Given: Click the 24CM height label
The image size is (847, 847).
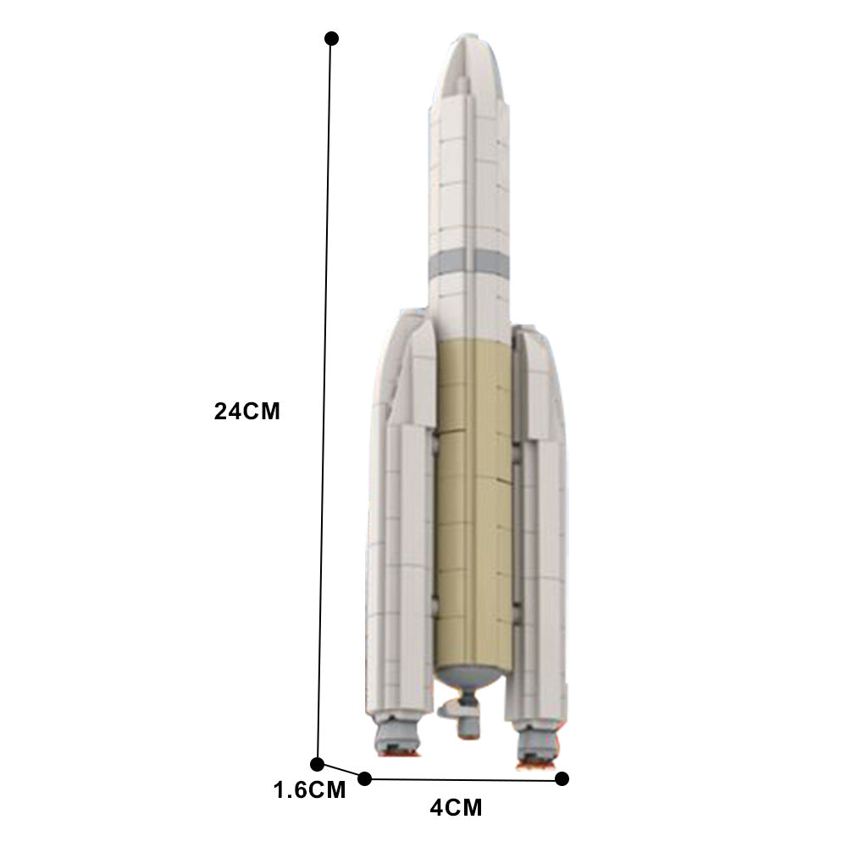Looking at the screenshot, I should [x=246, y=412].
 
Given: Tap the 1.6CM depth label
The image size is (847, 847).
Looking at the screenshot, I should [x=309, y=790].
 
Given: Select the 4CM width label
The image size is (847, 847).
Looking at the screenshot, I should [x=456, y=807].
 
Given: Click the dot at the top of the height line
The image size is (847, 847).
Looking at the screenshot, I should [x=332, y=38].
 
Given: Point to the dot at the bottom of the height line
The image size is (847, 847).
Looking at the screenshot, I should [x=318, y=764].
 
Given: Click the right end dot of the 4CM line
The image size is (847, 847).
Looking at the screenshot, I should [x=562, y=778].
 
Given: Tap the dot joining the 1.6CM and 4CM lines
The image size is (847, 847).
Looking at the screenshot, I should [x=365, y=778].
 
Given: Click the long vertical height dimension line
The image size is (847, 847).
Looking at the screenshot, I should [x=324, y=407].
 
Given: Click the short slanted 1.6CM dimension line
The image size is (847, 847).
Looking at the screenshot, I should [x=341, y=771].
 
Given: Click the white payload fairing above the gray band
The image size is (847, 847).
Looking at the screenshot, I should [x=470, y=169].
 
